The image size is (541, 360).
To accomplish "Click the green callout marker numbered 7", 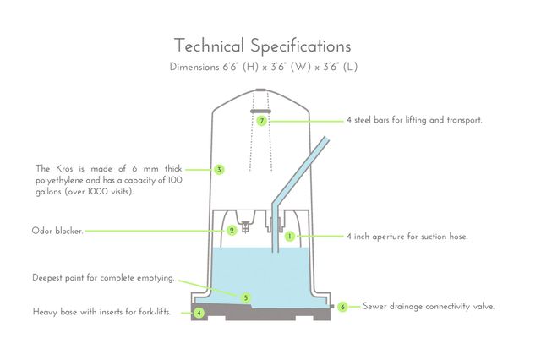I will tap(262, 121).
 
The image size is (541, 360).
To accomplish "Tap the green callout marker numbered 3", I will tap(219, 170).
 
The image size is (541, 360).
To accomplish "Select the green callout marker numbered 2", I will tap(232, 230).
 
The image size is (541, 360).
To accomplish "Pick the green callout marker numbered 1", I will tap(289, 237).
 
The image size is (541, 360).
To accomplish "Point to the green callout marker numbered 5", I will tap(245, 297).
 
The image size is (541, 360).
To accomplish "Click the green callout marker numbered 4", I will tap(199, 313).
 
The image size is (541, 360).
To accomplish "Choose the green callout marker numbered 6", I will tap(342, 307).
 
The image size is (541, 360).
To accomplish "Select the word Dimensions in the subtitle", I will tap(194, 67).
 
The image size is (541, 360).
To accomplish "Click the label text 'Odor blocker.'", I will tap(57, 231).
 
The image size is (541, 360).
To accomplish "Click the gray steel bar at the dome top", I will tap(260, 110).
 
